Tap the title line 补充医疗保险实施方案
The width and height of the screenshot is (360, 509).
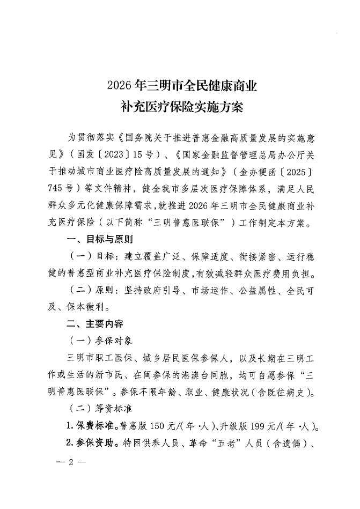pyautogui.click(x=182, y=107)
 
